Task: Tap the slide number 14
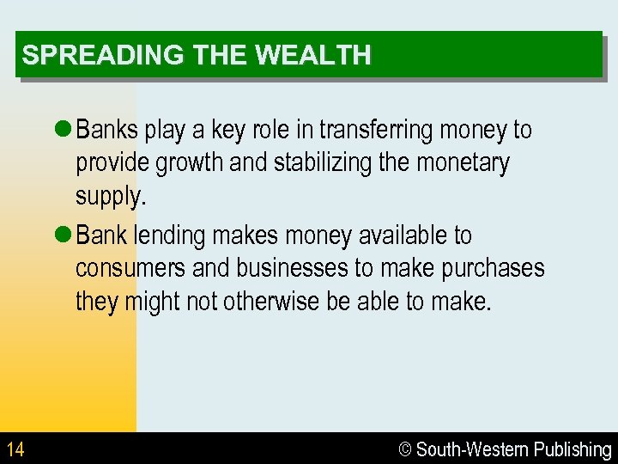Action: (x=15, y=449)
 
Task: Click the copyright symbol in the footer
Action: (x=406, y=449)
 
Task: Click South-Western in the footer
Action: (x=472, y=449)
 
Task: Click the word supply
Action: (x=111, y=197)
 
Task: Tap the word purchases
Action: (x=493, y=268)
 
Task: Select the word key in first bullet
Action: (x=228, y=130)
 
